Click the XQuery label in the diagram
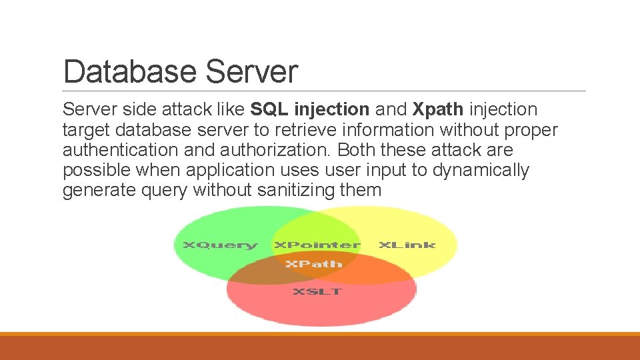[219, 245]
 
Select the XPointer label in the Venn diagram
[317, 245]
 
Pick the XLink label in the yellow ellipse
[407, 245]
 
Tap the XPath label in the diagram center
[313, 264]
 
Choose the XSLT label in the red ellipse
[317, 291]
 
